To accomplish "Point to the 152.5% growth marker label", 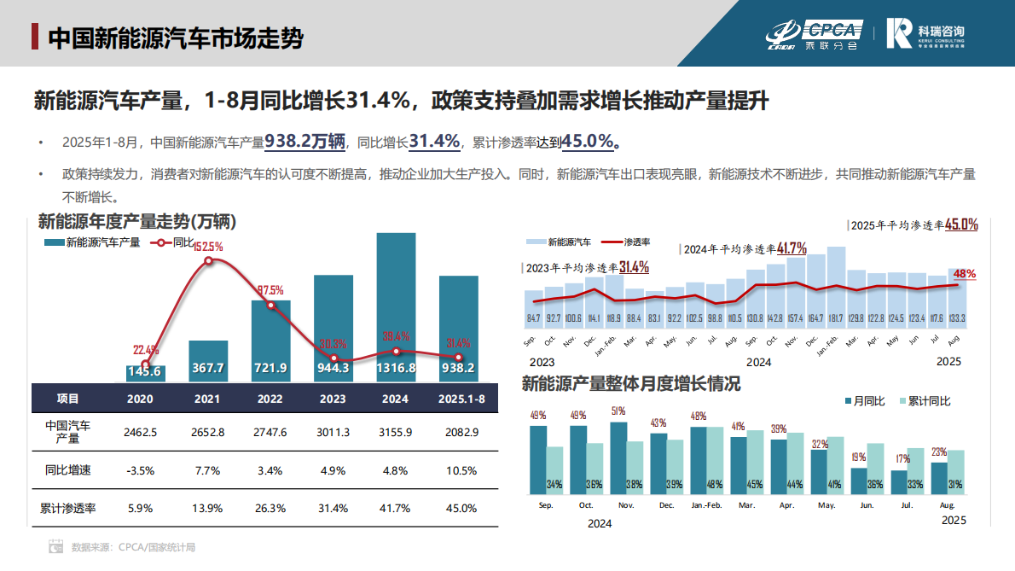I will tap(208, 247).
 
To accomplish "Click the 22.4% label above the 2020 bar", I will tap(146, 350).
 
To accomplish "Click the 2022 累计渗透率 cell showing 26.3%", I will tap(270, 508).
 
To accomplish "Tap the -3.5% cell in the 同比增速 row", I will tap(139, 470).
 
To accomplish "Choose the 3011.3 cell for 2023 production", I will tap(333, 433).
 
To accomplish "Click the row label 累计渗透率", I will tap(68, 508).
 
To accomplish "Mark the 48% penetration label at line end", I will tap(965, 274).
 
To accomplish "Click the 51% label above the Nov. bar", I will tap(618, 411).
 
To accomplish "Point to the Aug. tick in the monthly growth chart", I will tap(947, 505).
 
